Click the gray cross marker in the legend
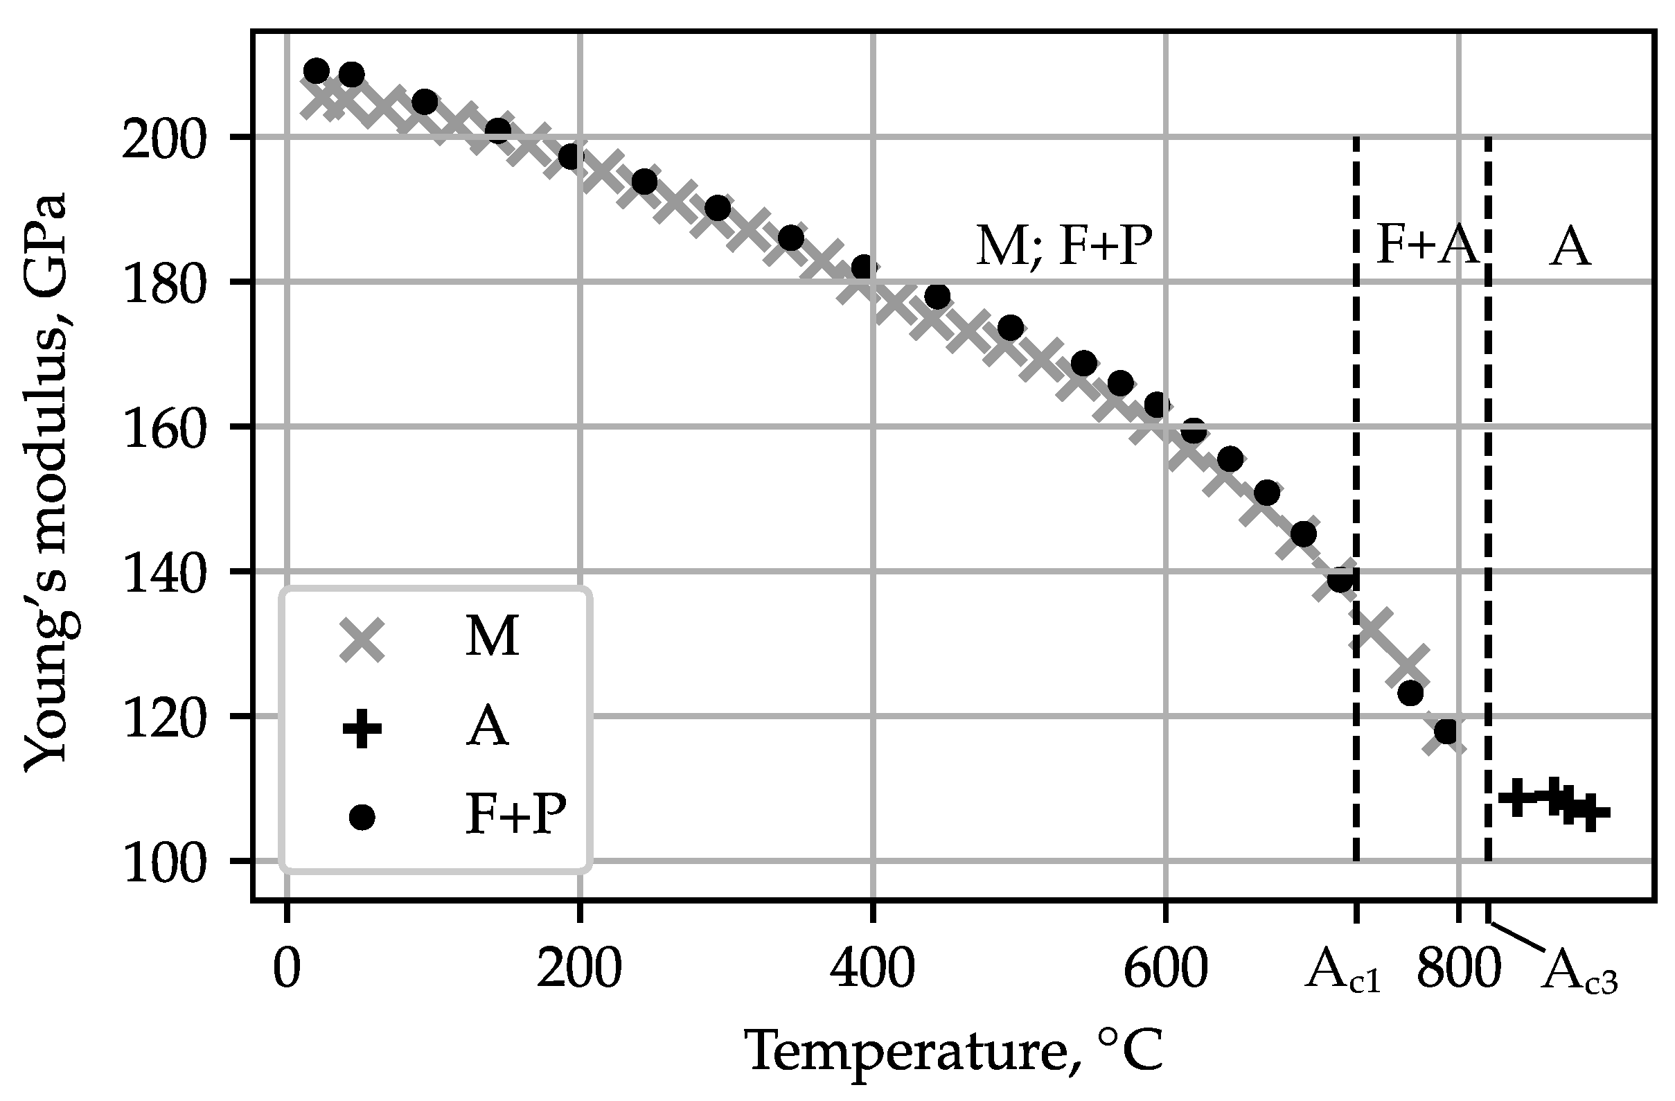(362, 640)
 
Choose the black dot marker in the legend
(362, 818)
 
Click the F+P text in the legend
(516, 816)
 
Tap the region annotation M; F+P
(1063, 248)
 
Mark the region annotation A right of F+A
(1570, 248)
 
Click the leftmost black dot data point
(316, 71)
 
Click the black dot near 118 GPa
(1446, 732)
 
